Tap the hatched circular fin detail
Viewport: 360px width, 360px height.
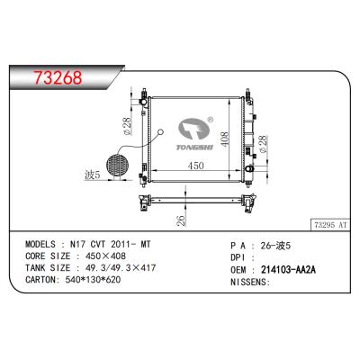(116, 167)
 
